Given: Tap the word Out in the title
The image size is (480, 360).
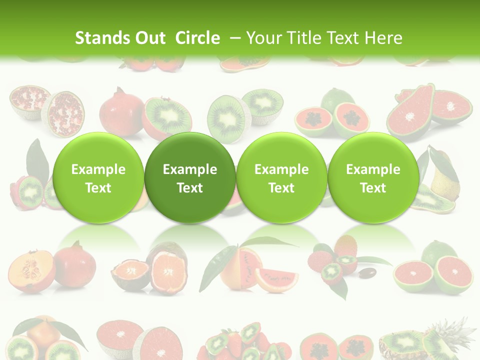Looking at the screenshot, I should [x=149, y=38].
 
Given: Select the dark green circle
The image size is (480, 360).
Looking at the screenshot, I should [x=190, y=177].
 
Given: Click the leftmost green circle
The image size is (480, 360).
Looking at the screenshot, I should [x=98, y=177].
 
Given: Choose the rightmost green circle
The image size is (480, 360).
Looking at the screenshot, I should [x=373, y=177].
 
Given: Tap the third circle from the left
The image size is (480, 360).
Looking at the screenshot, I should [x=281, y=177].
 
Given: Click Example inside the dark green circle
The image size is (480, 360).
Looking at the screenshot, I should [x=190, y=169].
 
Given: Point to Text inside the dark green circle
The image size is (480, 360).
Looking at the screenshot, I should [x=190, y=188].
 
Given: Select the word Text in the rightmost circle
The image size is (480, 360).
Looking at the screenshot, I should [x=373, y=188].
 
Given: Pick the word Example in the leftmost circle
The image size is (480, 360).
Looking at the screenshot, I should [x=98, y=169].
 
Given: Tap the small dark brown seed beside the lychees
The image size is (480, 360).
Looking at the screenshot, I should [x=368, y=273].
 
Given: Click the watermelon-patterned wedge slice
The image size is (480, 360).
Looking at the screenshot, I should [x=276, y=279].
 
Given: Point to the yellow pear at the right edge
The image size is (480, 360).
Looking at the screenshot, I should [x=444, y=175].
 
